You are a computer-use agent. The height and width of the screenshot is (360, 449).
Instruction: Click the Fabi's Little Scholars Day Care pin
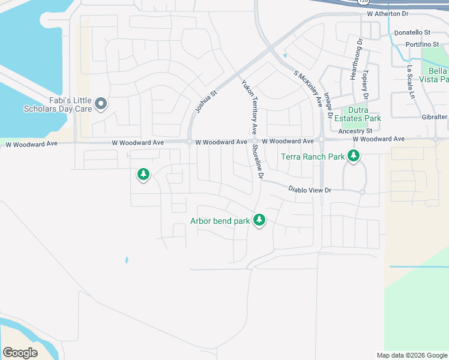101,104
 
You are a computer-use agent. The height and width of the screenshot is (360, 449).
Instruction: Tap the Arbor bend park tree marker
259,220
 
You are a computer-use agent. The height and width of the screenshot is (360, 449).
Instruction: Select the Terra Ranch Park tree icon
354,156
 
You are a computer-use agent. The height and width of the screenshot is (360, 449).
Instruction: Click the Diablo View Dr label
310,190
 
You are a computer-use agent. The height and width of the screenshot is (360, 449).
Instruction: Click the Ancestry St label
355,131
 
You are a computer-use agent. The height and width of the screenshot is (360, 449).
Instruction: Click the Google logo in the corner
20,353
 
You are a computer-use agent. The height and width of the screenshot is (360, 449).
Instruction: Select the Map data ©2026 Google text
411,355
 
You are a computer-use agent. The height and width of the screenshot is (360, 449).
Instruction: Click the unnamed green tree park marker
143,174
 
